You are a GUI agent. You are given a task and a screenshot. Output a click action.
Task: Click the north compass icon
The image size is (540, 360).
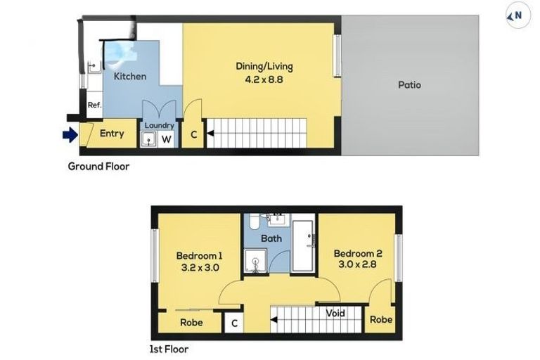click(517, 15)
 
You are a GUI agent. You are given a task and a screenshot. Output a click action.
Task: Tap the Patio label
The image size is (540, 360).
click(409, 84)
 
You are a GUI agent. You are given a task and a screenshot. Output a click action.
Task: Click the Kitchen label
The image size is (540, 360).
click(130, 76)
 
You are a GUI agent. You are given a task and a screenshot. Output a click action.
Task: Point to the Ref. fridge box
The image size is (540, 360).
click(94, 105)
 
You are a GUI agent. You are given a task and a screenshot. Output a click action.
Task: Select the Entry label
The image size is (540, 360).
click(112, 134)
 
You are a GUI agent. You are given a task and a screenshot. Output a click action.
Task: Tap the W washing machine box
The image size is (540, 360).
click(167, 139)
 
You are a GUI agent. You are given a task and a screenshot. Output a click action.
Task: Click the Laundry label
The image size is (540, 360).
click(158, 126)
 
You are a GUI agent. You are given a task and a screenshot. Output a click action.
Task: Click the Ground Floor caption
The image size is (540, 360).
click(98, 167)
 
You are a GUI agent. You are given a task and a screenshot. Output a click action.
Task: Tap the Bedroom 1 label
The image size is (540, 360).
click(199, 261)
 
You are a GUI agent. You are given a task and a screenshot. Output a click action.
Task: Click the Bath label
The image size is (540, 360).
click(271, 238)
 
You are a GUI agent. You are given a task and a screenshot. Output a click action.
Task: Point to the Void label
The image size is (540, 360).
click(335, 313)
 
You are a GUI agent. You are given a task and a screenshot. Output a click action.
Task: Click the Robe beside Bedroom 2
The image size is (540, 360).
click(380, 319)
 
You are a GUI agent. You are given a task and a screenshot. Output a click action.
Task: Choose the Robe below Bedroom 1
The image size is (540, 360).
click(191, 323)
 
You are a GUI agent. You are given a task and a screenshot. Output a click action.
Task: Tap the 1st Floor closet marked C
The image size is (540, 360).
click(233, 323)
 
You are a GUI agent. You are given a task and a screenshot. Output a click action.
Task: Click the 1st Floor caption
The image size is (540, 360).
click(169, 349)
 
